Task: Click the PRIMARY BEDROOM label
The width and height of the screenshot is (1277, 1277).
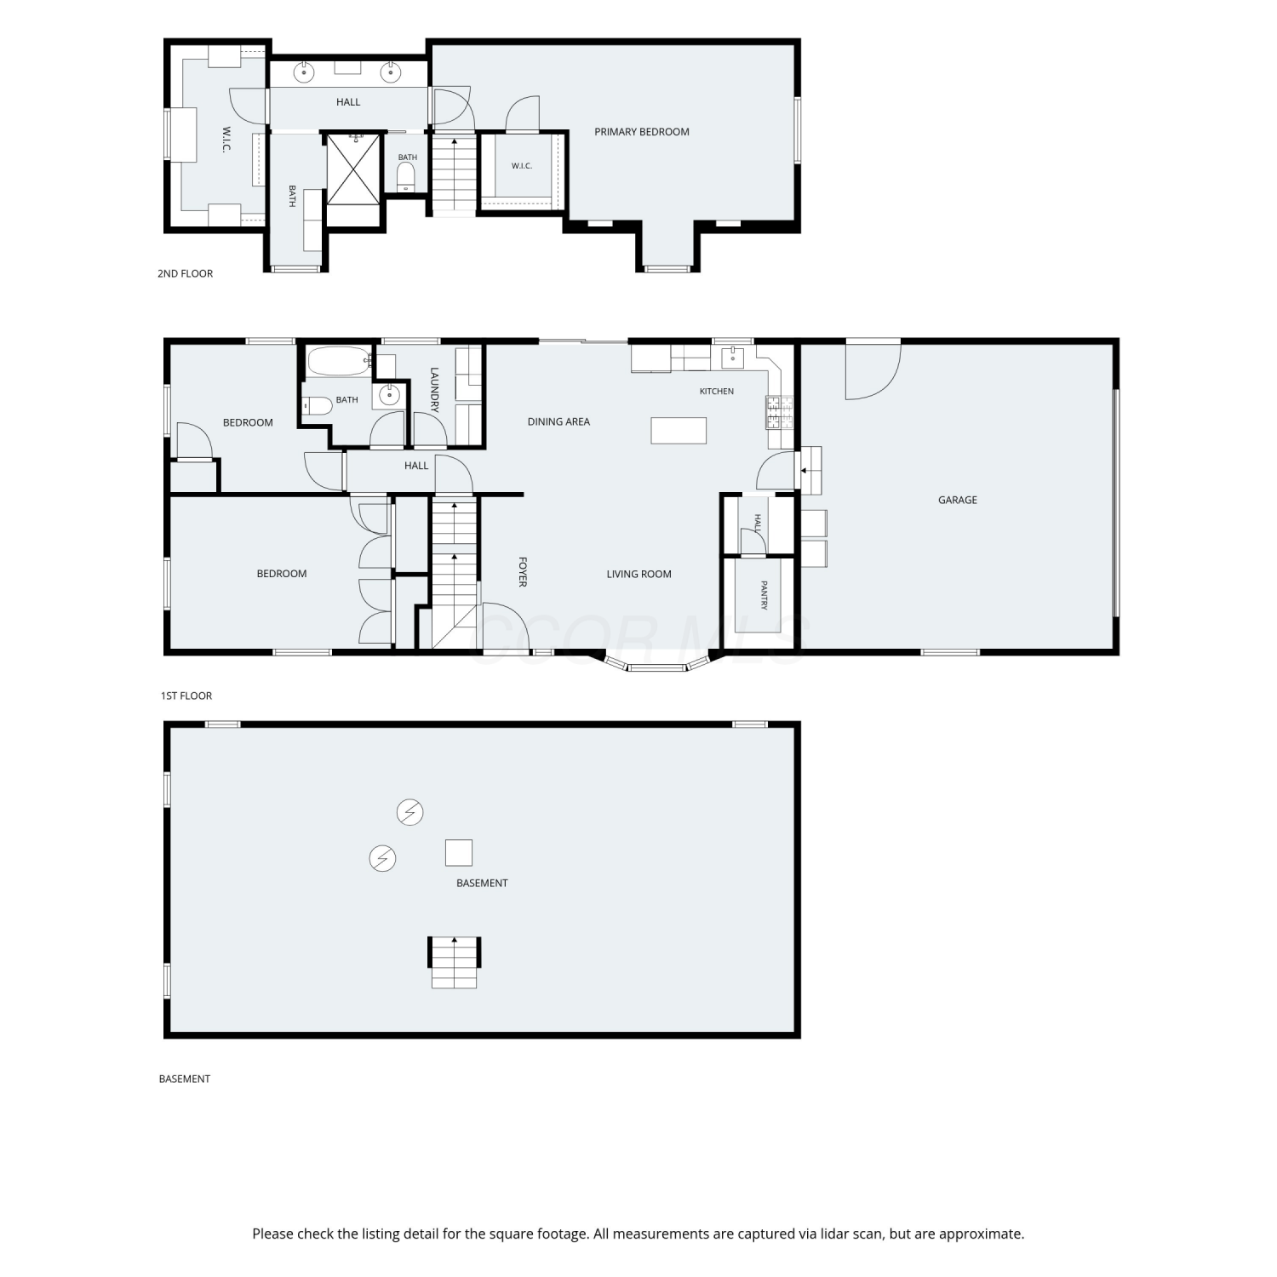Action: click(641, 132)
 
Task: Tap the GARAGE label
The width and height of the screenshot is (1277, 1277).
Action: click(957, 500)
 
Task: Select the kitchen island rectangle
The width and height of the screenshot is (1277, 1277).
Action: click(679, 430)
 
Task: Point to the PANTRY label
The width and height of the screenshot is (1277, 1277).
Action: click(764, 595)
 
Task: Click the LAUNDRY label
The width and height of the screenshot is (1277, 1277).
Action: click(434, 390)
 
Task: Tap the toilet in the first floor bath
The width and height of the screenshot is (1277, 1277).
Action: click(317, 405)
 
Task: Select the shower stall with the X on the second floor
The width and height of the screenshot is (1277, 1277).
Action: click(352, 169)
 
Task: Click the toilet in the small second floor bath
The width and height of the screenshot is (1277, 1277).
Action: click(406, 176)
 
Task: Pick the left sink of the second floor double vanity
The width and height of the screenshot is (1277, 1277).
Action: click(304, 72)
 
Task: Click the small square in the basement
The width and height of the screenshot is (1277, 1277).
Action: click(459, 852)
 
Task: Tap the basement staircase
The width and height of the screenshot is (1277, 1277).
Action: click(455, 962)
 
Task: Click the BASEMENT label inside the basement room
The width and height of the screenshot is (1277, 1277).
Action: click(482, 883)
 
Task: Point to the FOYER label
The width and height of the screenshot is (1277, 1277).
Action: click(523, 572)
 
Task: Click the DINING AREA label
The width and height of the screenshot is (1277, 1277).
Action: click(558, 421)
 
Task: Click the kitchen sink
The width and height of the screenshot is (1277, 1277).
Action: click(732, 358)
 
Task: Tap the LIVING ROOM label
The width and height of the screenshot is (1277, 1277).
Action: click(638, 574)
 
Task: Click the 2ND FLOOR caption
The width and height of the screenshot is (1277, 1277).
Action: click(185, 273)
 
